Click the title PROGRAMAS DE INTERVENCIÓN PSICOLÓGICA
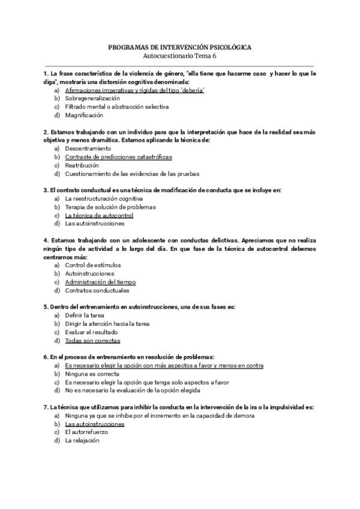pos(179,46)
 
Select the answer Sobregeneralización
pos(92,98)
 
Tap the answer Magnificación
pos(84,115)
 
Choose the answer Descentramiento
pos(88,148)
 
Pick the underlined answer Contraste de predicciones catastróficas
pos(118,157)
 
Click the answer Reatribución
pos(83,165)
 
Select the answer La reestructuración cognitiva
pos(104,198)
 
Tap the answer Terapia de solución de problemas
pos(110,206)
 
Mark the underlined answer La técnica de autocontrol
pos(99,215)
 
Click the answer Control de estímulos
pos(92,265)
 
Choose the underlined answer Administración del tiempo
pos(100,282)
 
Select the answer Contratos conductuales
pos(97,291)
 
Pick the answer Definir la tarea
pos(86,315)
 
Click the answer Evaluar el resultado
pos(91,331)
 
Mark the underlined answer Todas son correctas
pos(92,340)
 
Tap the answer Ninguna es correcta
pos(92,373)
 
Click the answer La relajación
pos(82,440)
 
